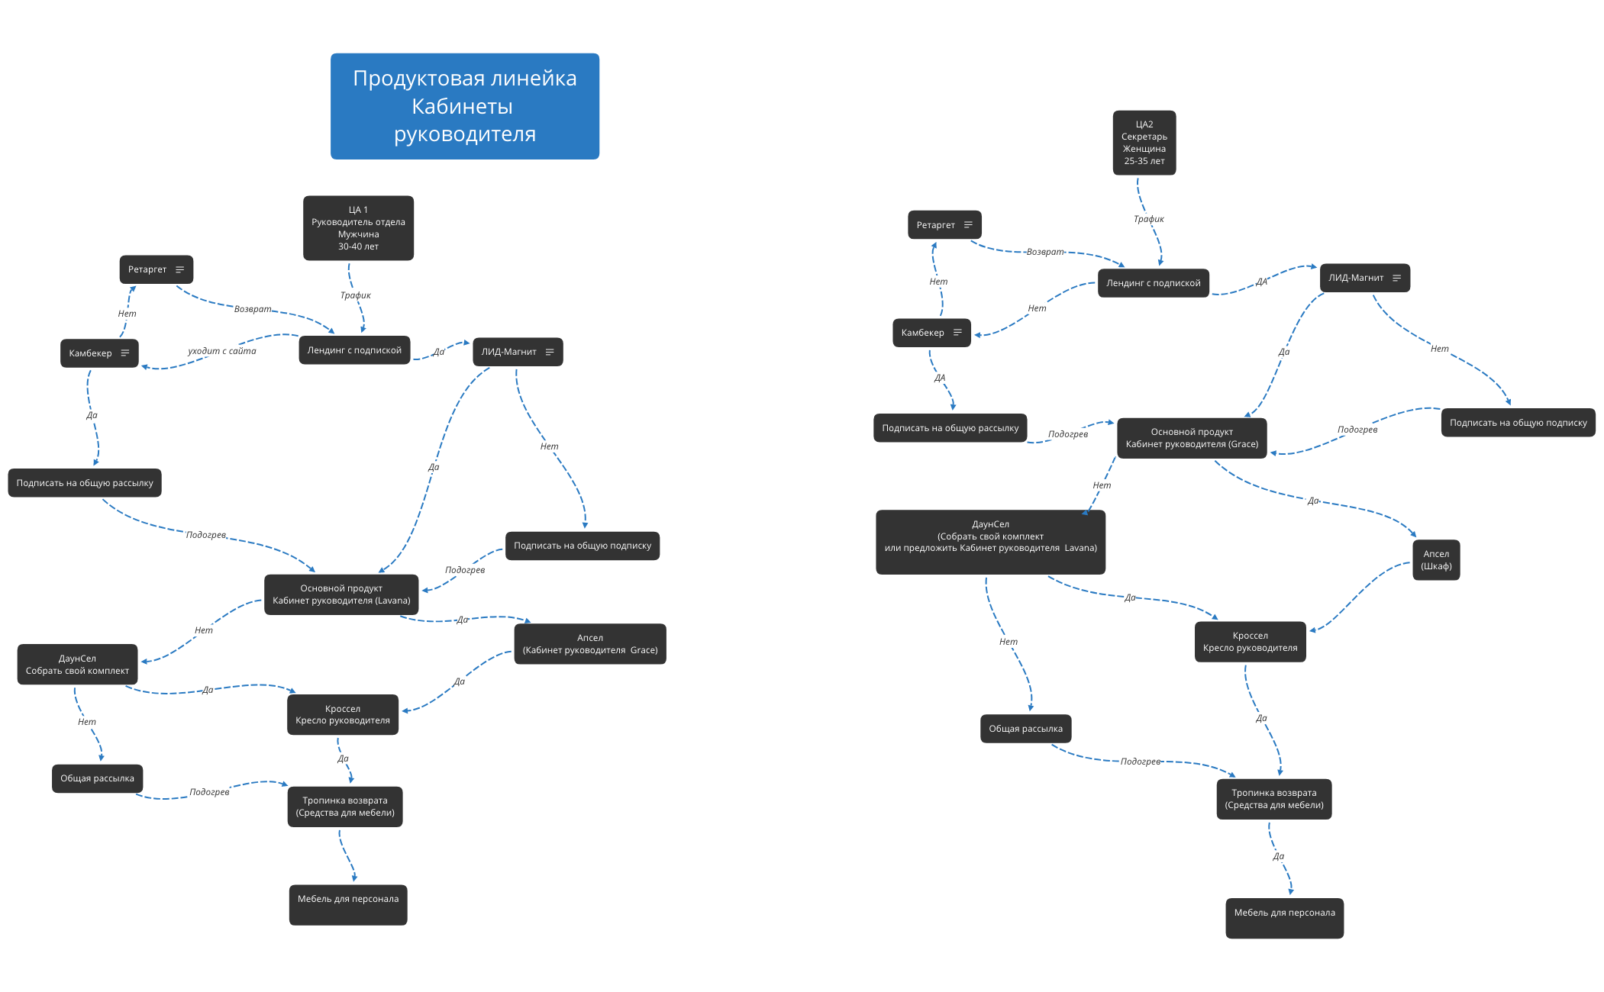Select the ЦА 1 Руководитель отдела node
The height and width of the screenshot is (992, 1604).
358,228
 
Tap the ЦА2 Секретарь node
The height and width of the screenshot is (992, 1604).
1144,143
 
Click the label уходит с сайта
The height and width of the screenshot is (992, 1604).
222,351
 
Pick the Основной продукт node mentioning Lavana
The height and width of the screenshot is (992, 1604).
341,594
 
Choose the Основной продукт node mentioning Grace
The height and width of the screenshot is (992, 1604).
1192,438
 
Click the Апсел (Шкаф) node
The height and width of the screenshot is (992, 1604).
1435,560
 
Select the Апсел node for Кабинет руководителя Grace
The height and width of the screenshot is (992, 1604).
589,644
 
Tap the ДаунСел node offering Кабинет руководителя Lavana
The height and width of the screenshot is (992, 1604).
990,542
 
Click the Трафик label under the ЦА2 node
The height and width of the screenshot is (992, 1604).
1148,219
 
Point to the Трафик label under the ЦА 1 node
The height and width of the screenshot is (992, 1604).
355,295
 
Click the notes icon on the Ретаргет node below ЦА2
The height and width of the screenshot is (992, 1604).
968,225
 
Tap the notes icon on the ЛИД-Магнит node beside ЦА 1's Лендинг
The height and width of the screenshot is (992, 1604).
549,352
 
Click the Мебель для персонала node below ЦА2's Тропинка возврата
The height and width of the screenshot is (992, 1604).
1284,918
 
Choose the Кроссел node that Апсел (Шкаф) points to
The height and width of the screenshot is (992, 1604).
1250,642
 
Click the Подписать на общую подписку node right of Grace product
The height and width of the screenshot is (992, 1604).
1518,423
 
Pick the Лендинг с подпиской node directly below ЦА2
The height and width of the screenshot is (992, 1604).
1153,283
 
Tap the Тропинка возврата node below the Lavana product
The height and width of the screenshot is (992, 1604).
345,807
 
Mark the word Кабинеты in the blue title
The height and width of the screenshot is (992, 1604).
462,107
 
